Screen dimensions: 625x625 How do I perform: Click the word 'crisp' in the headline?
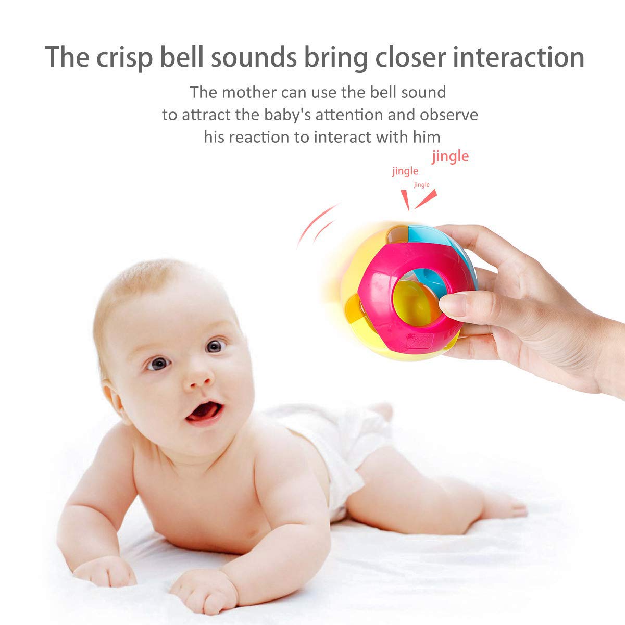(124, 58)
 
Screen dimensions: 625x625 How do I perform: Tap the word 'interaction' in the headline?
(518, 57)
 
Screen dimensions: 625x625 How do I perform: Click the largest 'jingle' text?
(450, 156)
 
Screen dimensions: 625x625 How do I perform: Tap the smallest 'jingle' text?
(422, 185)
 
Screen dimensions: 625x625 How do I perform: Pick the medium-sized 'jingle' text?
(405, 171)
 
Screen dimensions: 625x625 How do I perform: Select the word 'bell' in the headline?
(182, 57)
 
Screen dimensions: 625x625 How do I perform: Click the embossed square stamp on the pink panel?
(421, 341)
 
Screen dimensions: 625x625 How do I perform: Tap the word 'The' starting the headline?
(67, 57)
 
